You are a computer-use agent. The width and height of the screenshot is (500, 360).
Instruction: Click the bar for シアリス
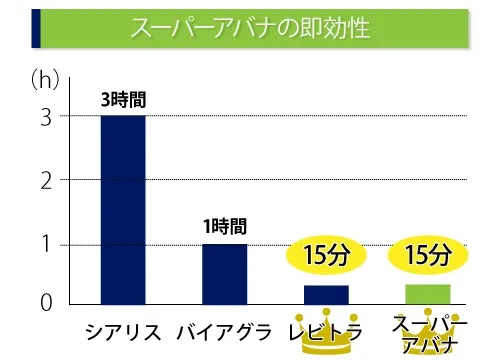[123, 209]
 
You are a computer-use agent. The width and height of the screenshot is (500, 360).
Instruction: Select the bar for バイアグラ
[224, 273]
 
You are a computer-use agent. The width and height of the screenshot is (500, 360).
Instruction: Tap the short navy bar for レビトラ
[326, 294]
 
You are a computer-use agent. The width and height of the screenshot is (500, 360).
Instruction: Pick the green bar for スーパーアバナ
[427, 293]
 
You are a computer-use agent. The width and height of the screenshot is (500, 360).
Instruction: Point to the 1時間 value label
[224, 227]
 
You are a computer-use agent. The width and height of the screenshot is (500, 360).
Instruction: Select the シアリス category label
[123, 331]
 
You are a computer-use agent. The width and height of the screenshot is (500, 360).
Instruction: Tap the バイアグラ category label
[224, 331]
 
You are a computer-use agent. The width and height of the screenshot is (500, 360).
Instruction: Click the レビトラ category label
[325, 331]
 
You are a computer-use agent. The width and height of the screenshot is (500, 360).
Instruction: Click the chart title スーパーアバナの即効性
[250, 28]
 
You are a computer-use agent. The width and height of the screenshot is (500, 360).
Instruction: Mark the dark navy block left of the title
[37, 28]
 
